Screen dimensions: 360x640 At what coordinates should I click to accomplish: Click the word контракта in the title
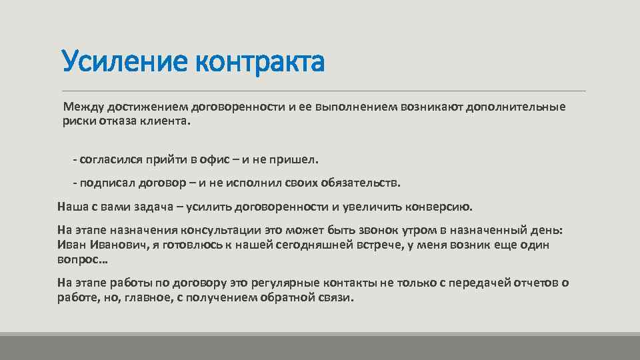259,62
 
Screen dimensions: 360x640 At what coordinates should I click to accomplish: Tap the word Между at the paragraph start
81,107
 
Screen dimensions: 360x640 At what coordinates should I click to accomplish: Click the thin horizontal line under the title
323,91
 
